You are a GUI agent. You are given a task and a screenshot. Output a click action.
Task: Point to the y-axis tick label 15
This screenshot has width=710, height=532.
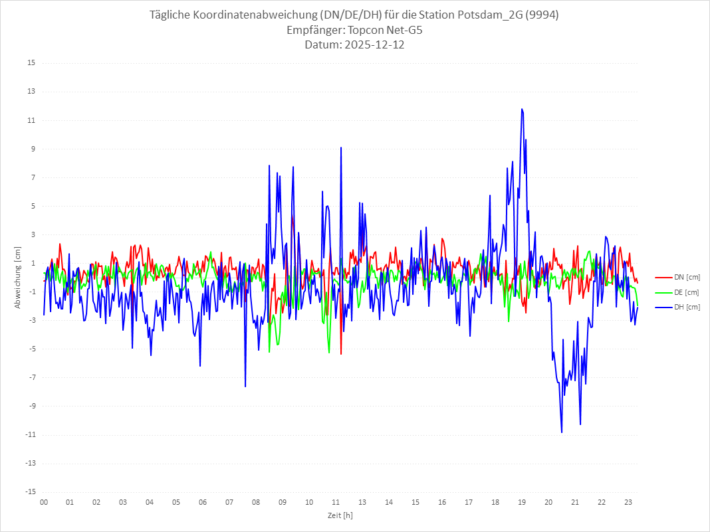coord(31,63)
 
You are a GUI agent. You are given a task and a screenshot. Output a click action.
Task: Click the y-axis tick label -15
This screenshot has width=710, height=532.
coord(30,492)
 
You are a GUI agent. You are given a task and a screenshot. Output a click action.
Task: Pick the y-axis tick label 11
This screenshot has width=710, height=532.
coord(31,120)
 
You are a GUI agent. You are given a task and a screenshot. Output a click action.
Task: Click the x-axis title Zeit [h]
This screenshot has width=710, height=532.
coord(340,515)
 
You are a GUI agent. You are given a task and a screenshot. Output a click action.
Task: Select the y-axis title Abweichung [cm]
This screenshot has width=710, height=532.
coord(18,278)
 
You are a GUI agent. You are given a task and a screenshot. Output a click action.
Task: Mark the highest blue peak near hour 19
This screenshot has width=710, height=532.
coord(522,109)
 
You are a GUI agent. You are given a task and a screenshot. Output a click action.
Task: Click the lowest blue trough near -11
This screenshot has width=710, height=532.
coord(562,432)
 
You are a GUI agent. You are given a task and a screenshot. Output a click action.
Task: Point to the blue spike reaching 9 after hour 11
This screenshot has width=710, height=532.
coord(341,147)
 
